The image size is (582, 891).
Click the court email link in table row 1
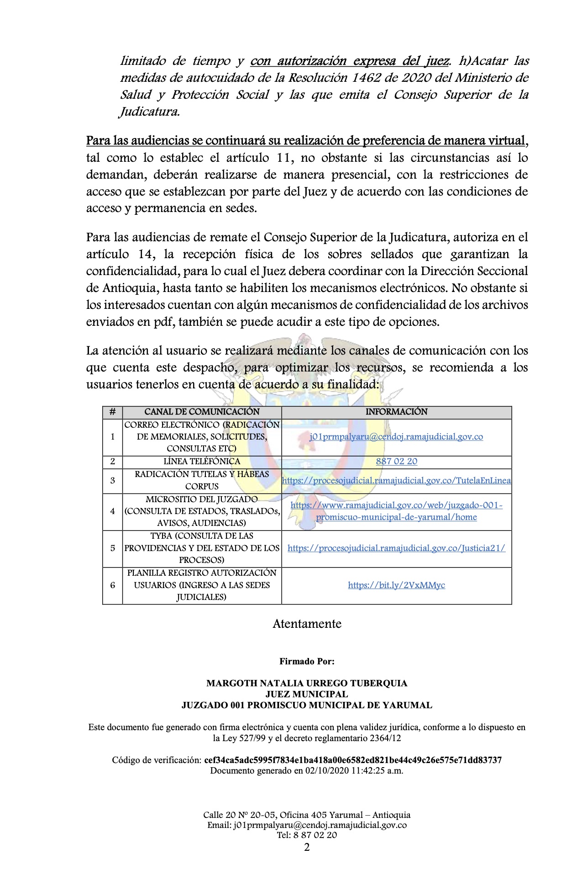pos(396,437)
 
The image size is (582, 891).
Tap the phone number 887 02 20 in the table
pos(396,461)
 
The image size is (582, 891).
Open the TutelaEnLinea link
pos(396,481)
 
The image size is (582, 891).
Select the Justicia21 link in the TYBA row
pos(396,548)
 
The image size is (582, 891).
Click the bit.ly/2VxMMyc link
pos(396,585)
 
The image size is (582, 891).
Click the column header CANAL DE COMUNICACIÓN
pos(202,412)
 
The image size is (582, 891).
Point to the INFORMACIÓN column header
pos(396,412)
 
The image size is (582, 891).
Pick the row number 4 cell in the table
pos(113,511)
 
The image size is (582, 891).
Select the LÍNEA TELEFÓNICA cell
pos(202,461)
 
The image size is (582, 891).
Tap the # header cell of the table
pos(113,412)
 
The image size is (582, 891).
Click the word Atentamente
pos(307,624)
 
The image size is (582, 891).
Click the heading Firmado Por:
pos(307,661)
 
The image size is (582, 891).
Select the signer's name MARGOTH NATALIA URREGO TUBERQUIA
pos(307,683)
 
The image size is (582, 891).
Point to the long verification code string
pos(353,760)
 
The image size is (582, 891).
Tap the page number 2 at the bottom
pos(307,848)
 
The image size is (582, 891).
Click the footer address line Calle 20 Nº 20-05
pos(307,815)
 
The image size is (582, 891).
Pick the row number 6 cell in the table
pos(113,585)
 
